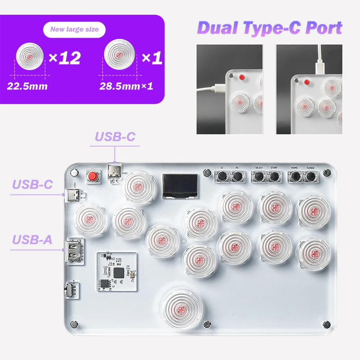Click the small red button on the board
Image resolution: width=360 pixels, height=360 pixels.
94,176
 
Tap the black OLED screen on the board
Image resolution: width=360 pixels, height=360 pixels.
180,186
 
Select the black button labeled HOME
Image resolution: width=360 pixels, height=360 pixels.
295,176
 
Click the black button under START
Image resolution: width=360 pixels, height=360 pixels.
274,176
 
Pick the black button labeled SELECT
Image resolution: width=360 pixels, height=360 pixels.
258,176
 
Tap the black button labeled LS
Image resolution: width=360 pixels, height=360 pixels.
222,176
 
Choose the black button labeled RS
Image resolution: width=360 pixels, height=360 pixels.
237,176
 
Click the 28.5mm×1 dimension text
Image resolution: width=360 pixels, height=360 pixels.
126,86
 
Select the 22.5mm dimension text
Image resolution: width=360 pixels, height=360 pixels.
27,86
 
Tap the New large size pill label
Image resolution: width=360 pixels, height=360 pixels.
75,30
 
